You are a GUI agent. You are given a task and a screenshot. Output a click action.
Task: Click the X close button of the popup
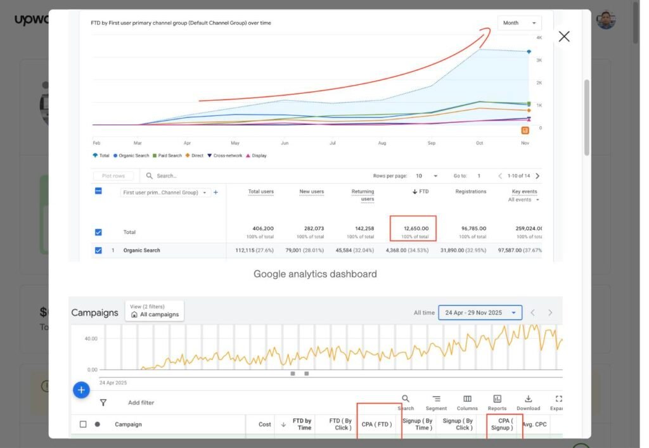click(x=563, y=37)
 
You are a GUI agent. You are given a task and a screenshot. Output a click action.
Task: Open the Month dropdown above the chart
click(x=519, y=23)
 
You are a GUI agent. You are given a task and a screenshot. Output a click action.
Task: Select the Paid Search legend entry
click(x=167, y=155)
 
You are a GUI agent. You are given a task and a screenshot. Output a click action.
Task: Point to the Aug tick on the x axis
click(x=382, y=143)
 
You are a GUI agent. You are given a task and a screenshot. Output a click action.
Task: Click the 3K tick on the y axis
click(x=539, y=60)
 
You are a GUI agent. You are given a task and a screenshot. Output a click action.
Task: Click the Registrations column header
click(x=470, y=191)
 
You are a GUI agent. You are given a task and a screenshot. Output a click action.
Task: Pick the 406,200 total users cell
click(x=260, y=229)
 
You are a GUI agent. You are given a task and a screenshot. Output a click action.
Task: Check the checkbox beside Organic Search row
click(x=98, y=250)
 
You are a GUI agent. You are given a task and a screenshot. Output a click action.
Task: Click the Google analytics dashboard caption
click(x=315, y=274)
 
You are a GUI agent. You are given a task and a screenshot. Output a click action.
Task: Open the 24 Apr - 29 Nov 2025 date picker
click(x=480, y=312)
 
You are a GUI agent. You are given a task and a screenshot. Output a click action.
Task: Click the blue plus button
click(x=81, y=390)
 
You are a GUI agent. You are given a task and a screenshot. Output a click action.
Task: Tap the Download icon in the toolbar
click(x=528, y=402)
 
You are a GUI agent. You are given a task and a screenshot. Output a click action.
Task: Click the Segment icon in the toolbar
click(x=436, y=402)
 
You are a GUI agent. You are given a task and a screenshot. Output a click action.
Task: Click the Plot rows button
click(x=113, y=176)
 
